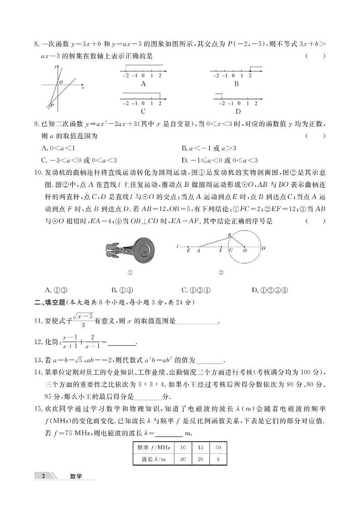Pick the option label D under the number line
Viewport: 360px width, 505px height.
pos(238,112)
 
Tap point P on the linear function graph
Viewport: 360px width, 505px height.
pos(52,105)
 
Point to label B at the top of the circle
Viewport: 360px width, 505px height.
pos(229,235)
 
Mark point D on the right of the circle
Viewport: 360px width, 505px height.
pos(263,248)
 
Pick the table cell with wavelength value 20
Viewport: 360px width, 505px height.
pos(200,459)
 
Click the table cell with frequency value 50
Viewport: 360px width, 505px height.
pos(218,447)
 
